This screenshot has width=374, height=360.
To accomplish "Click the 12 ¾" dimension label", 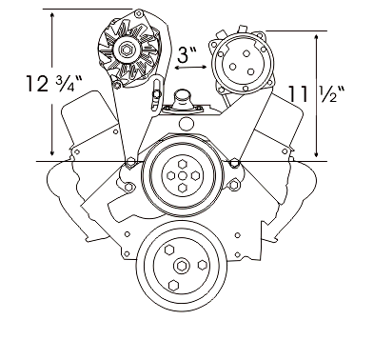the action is (54, 84).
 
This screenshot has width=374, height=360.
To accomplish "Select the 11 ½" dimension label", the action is (316, 94).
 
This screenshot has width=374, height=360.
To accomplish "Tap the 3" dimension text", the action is (187, 55).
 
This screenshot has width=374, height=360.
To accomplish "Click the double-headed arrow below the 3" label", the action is (190, 68).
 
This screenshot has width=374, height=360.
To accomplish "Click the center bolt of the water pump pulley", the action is (182, 175).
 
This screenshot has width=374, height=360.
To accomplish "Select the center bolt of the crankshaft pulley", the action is (181, 266).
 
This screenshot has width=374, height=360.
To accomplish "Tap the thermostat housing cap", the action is (182, 95).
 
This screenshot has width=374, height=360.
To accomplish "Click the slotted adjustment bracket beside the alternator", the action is (156, 94).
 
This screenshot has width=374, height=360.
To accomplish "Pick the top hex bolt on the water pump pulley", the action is (182, 164).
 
